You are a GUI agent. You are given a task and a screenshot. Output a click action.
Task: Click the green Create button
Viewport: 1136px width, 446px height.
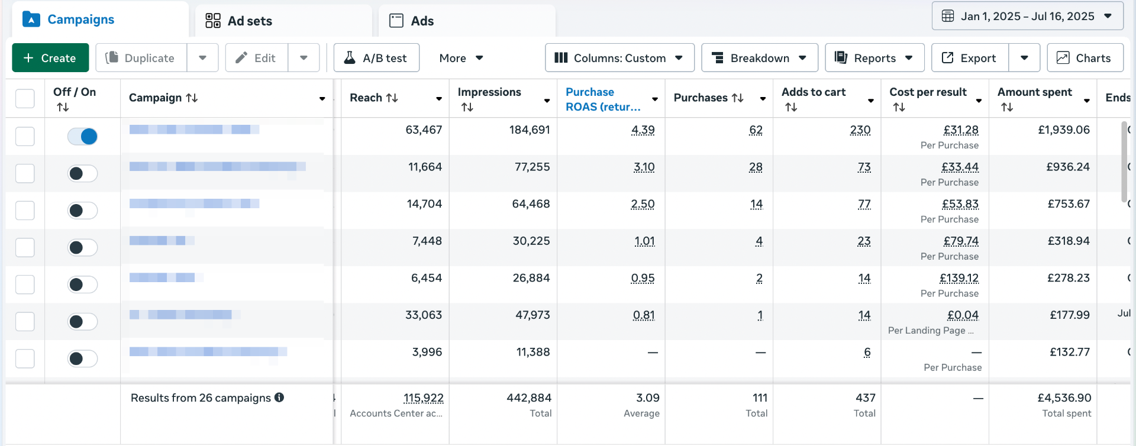point(50,58)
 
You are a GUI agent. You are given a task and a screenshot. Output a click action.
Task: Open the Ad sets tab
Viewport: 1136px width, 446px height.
point(239,21)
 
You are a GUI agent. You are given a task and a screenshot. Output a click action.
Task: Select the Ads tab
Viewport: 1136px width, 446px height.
point(412,21)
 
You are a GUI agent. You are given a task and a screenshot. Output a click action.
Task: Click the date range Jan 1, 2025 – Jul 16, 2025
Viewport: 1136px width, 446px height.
point(1027,16)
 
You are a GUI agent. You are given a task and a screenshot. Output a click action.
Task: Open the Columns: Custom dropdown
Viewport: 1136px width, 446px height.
point(619,58)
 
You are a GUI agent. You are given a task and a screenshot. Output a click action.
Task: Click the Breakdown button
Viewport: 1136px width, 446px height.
point(759,58)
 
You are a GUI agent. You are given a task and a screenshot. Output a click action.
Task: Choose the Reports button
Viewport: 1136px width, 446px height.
point(874,58)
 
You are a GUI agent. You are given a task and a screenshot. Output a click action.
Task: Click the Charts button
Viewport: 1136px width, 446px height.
point(1085,58)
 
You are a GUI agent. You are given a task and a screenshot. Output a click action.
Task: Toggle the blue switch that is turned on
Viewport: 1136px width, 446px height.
point(82,137)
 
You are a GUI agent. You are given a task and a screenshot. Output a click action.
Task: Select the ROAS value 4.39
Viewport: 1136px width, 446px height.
point(643,130)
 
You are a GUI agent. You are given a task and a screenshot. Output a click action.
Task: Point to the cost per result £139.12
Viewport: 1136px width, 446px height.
point(958,278)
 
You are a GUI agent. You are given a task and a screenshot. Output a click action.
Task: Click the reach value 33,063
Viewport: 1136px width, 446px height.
point(423,315)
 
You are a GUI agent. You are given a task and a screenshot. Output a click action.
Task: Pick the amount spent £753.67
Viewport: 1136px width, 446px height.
point(1068,204)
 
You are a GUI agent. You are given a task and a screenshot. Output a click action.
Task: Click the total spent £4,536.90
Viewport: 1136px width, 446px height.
point(1064,398)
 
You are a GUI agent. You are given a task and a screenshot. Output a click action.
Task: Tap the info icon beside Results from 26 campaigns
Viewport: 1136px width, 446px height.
point(279,397)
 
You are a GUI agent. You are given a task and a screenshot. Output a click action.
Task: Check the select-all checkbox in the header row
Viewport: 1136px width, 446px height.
point(25,98)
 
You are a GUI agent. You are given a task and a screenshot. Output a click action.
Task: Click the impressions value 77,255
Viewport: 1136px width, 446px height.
point(532,167)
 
